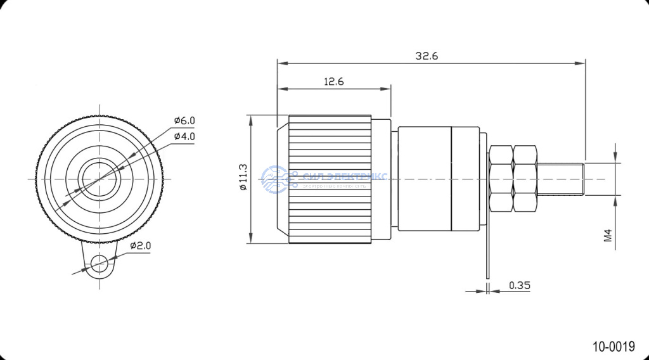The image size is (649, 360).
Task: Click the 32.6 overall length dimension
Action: click(427, 56)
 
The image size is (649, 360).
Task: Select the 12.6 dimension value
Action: click(334, 82)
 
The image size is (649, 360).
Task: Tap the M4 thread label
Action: click(608, 236)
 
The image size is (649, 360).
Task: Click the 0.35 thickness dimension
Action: click(520, 285)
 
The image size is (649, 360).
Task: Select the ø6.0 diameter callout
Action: click(184, 120)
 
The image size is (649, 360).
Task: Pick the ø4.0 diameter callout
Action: click(184, 136)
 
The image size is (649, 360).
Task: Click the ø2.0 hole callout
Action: click(140, 245)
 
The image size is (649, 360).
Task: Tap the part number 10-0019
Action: click(614, 346)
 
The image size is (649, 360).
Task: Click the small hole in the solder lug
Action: click(99, 262)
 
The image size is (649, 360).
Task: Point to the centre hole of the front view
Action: click(99, 178)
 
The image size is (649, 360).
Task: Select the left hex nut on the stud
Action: click(501, 179)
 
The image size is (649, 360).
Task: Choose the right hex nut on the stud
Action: click(525, 179)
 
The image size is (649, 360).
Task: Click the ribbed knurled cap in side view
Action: click(330, 179)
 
